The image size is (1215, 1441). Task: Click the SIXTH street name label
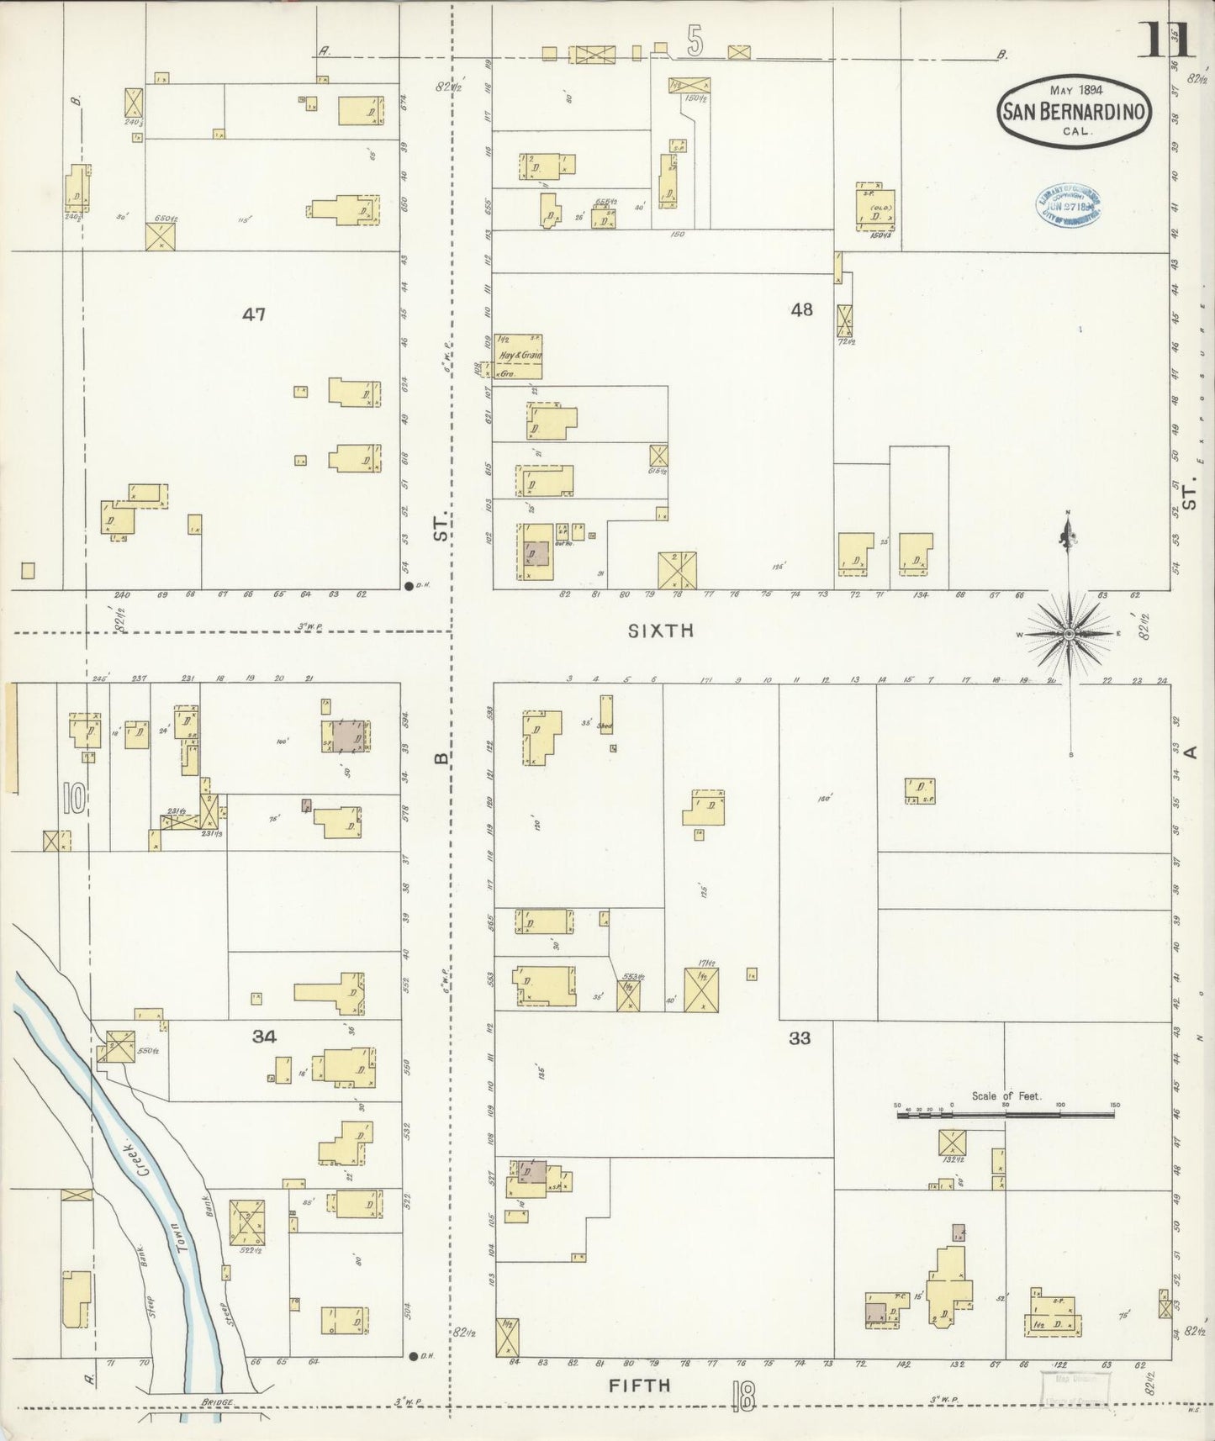(661, 630)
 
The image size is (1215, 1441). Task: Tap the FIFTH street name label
(640, 1385)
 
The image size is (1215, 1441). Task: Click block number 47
(253, 314)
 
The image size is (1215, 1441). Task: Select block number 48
(801, 309)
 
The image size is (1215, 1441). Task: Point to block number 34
(264, 1037)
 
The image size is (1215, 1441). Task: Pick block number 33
(800, 1037)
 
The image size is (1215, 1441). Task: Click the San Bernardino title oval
(1074, 113)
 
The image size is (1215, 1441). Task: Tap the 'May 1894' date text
(1076, 89)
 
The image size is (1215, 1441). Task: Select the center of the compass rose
(1068, 633)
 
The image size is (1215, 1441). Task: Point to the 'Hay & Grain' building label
(520, 355)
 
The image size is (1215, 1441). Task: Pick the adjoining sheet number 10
(74, 798)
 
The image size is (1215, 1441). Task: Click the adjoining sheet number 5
(694, 42)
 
